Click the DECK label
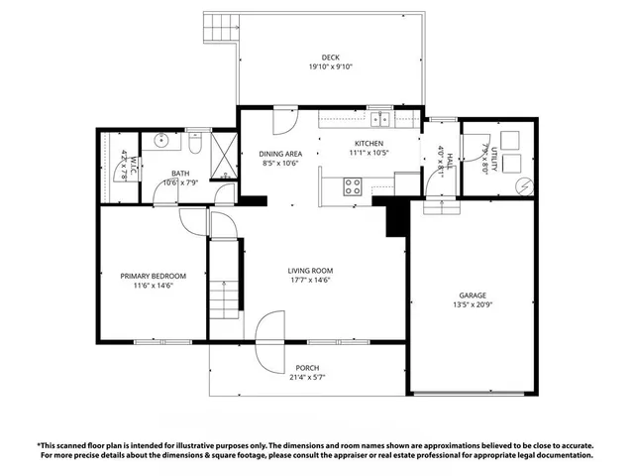331,57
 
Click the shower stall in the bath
224,155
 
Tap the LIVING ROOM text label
310,271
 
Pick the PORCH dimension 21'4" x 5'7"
307,378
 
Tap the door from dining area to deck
281,121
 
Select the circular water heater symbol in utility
524,185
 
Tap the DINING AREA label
280,154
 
